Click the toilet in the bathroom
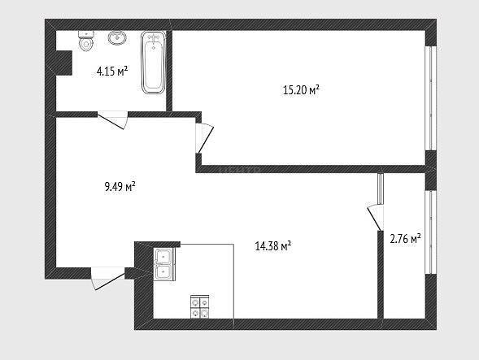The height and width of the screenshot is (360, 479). click(x=86, y=41)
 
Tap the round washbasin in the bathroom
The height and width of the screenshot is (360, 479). click(x=117, y=38)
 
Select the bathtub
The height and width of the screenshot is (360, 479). click(x=154, y=63)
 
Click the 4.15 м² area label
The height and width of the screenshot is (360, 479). click(x=112, y=72)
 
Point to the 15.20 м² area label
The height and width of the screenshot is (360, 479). click(x=301, y=90)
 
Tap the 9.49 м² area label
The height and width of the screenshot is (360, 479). click(x=120, y=186)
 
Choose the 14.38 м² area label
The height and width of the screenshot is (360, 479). click(x=272, y=245)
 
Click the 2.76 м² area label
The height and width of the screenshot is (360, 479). click(x=405, y=238)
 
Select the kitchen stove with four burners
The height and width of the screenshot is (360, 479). click(x=200, y=307)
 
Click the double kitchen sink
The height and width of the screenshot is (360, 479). click(x=164, y=264)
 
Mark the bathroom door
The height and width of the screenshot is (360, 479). click(x=112, y=120)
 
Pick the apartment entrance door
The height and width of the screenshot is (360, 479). click(x=108, y=279)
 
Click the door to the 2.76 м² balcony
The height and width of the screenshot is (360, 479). click(x=376, y=218)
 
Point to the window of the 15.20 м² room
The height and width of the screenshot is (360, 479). click(x=431, y=98)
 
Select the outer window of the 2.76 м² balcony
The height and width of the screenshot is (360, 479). click(x=431, y=232)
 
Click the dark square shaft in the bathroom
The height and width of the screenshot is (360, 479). click(x=64, y=63)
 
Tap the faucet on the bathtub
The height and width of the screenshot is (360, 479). click(x=154, y=38)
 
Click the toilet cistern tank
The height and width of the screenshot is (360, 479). click(x=86, y=34)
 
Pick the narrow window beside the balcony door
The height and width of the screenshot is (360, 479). click(x=381, y=189)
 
